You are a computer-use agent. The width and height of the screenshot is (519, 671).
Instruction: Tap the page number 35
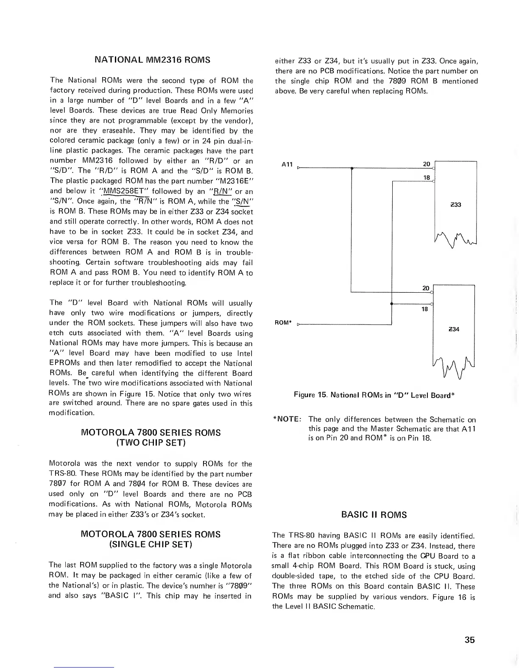(469, 640)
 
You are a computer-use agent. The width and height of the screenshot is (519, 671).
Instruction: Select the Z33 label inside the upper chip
(456, 205)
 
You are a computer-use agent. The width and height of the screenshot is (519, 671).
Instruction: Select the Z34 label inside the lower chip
(454, 329)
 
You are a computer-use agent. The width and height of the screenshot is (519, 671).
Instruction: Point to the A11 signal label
(287, 164)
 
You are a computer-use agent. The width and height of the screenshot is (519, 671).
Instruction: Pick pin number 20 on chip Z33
(427, 164)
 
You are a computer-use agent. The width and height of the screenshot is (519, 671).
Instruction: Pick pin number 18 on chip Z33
(427, 177)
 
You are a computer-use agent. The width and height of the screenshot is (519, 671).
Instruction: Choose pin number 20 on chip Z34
(426, 288)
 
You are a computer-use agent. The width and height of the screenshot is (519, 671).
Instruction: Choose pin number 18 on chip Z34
(424, 310)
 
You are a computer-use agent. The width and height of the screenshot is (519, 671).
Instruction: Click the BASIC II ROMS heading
(374, 515)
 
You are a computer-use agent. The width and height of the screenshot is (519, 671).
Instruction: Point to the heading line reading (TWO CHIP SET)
(151, 443)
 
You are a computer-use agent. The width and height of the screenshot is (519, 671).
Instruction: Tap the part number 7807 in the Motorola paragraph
(58, 484)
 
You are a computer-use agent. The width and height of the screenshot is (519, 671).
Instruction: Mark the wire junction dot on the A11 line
(352, 168)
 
